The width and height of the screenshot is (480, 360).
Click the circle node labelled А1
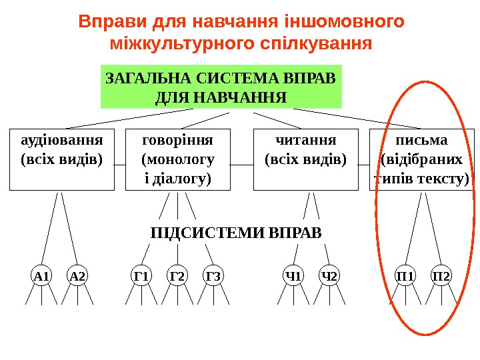pos(41,275)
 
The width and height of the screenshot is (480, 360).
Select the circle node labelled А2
pos(78,275)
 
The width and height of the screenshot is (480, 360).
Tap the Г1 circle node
pos(141,275)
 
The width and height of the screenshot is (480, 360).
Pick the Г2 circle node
pos(177,275)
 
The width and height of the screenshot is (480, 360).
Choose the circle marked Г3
pos(213,275)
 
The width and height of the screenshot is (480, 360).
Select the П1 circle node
pos(405,275)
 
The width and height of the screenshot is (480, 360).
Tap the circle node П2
pos(441,275)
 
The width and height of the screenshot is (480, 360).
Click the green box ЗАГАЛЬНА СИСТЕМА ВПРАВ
pos(221,87)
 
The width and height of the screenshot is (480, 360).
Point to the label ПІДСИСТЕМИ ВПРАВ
pos(236,233)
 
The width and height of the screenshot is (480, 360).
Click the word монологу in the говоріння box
pos(178,160)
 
